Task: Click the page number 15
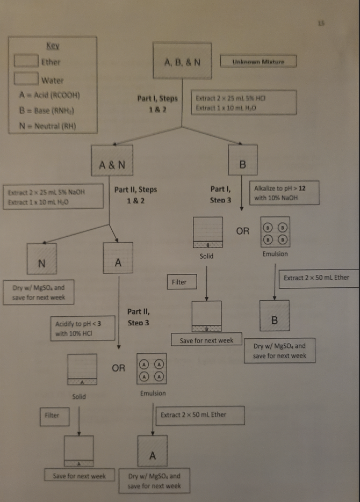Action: click(321, 24)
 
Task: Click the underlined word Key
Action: click(53, 47)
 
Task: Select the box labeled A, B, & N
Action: click(183, 62)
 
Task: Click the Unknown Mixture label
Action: click(258, 62)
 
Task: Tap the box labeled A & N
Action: click(112, 165)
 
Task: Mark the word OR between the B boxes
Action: click(243, 231)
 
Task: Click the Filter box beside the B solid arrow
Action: click(179, 282)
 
